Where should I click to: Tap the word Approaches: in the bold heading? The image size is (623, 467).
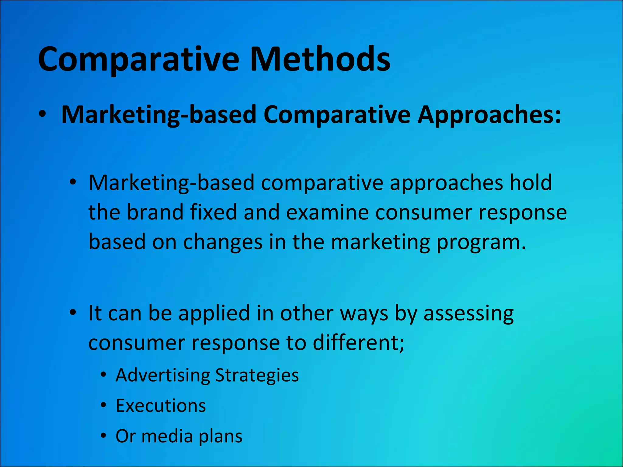[489, 115]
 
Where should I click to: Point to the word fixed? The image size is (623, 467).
[213, 212]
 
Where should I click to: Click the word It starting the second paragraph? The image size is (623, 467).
[95, 313]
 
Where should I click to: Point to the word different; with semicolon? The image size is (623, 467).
[359, 343]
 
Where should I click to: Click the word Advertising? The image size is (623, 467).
[163, 375]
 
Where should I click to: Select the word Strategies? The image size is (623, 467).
[257, 375]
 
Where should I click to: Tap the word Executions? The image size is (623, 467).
[161, 406]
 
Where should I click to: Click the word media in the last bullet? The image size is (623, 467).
[167, 436]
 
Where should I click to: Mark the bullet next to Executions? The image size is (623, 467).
[104, 405]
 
